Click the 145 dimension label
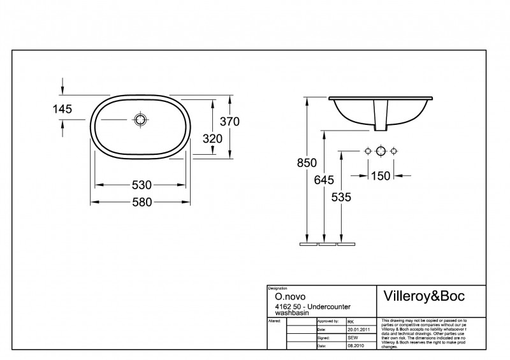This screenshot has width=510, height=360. [x=62, y=109]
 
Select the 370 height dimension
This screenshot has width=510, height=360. [x=229, y=122]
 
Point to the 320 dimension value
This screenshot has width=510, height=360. [x=212, y=138]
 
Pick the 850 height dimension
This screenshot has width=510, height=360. [x=307, y=163]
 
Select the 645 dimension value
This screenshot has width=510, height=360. [x=324, y=180]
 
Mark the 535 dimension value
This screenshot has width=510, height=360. [x=342, y=198]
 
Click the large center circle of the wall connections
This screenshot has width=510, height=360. [x=381, y=151]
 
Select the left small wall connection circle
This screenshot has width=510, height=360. [x=367, y=151]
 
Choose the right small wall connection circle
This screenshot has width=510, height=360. [x=394, y=151]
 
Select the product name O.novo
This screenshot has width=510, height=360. [x=280, y=296]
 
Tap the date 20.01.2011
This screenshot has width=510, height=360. [x=360, y=329]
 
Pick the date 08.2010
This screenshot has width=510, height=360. [x=355, y=345]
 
